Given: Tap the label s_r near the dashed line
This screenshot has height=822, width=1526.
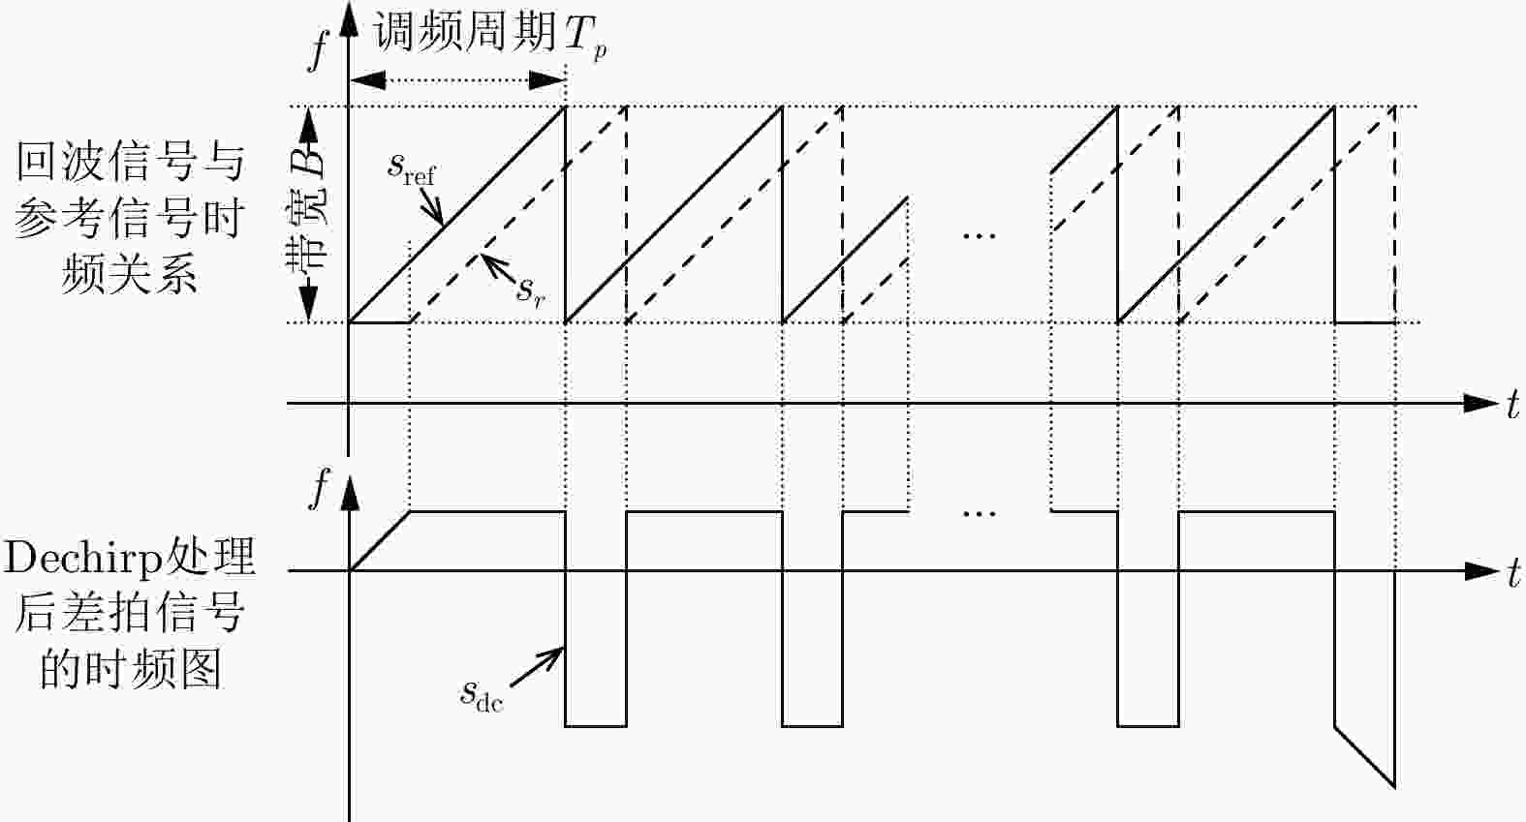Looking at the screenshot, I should point(530,289).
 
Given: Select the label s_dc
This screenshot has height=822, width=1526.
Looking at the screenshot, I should point(482,694).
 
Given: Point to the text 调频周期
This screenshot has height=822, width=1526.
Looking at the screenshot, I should point(465,33).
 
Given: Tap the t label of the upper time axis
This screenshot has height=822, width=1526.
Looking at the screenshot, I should point(1512,405).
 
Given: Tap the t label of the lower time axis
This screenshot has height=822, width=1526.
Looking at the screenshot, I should point(1512,573).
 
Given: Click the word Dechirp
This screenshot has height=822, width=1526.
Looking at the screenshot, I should point(83,558).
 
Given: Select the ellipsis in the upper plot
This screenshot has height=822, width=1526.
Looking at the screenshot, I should point(980,235).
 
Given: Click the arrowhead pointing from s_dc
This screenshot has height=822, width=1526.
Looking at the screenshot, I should point(554,654).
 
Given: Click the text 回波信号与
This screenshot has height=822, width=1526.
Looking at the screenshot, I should point(130,162).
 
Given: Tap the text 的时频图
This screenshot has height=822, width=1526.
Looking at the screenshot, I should point(130,669).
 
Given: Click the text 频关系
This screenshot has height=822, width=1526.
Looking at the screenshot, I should point(130,275).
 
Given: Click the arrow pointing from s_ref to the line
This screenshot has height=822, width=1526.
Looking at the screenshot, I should point(431,208).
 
